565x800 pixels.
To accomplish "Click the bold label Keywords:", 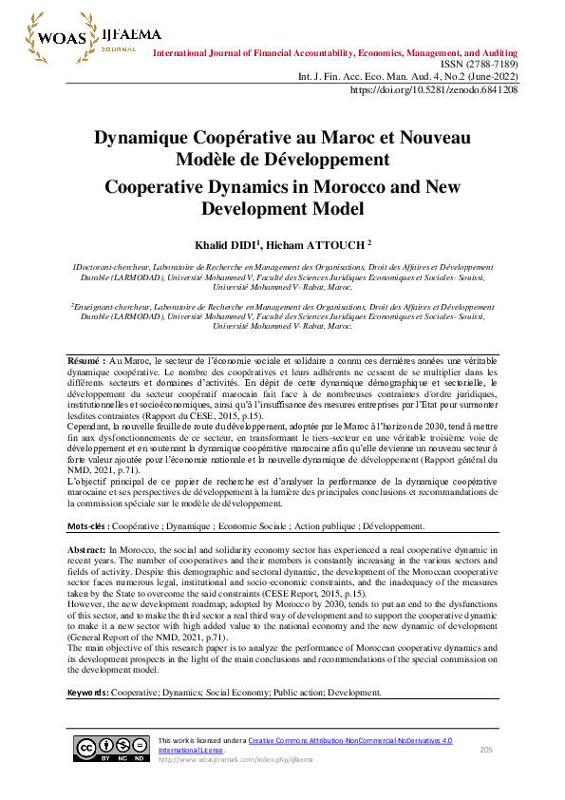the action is click(88, 693).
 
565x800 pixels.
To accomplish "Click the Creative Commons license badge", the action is click(112, 750).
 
